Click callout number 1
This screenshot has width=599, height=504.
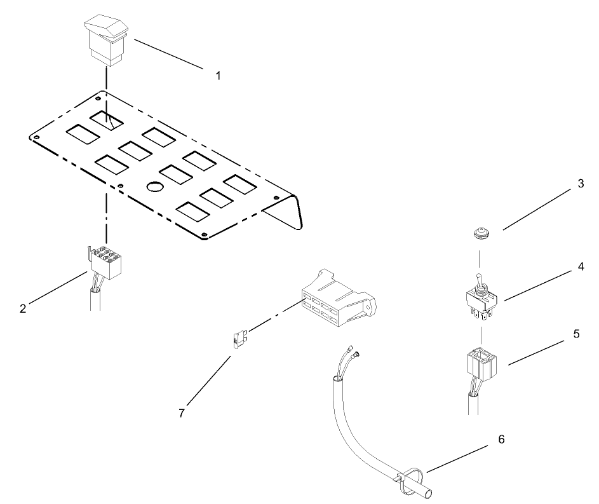218,75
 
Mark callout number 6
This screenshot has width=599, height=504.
502,440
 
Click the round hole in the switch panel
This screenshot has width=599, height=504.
155,187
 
